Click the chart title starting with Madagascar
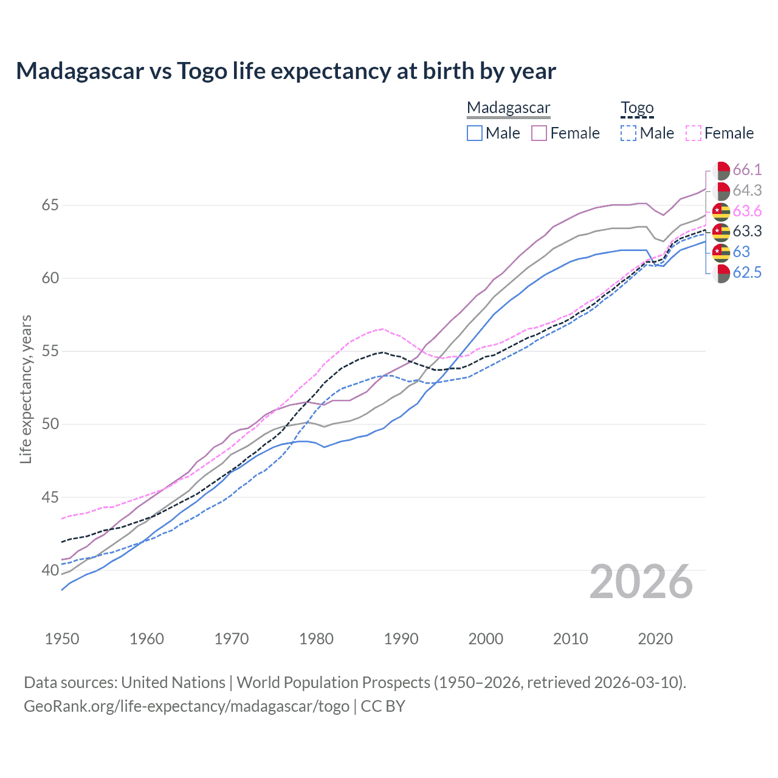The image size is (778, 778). click(x=286, y=71)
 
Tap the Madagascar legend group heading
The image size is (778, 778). click(x=508, y=108)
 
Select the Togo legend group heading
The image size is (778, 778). click(x=637, y=108)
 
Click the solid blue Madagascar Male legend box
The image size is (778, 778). click(x=475, y=133)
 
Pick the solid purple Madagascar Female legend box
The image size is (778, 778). click(x=539, y=133)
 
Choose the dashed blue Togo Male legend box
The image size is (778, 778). click(x=628, y=133)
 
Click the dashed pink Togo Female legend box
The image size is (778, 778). click(x=694, y=133)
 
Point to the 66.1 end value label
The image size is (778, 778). click(x=747, y=170)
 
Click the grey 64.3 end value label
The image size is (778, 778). click(x=747, y=191)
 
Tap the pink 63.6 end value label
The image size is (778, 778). click(x=747, y=212)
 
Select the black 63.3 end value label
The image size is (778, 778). click(x=747, y=232)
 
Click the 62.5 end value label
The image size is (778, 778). click(x=747, y=273)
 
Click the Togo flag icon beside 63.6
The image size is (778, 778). click(x=721, y=212)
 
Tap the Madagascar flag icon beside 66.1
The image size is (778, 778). click(x=721, y=170)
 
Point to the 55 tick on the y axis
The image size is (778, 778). click(x=50, y=351)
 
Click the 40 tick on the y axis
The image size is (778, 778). click(x=50, y=570)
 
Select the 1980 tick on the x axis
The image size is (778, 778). click(x=316, y=639)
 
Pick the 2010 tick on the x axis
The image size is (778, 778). click(x=570, y=639)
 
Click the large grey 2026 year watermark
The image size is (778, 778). click(x=641, y=582)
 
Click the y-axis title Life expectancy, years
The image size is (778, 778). click(x=26, y=389)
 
